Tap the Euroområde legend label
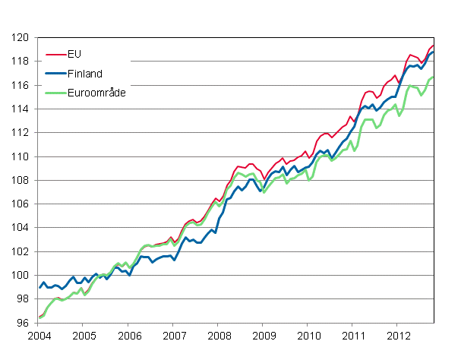[x=95, y=91]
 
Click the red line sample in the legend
[x=54, y=55]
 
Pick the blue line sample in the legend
[x=54, y=73]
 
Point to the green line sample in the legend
[x=54, y=91]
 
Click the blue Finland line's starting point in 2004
[x=39, y=287]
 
